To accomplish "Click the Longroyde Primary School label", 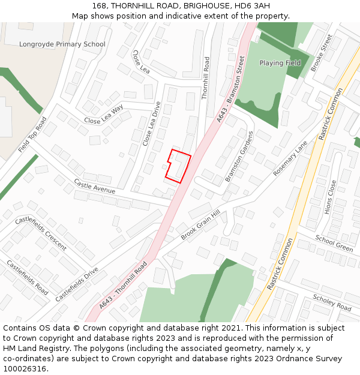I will [62, 44].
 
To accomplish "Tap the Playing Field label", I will [280, 63].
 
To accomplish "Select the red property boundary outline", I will [178, 165].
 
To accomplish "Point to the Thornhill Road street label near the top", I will [206, 78].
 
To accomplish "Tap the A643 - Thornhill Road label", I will [123, 286].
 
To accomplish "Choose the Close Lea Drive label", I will [152, 124].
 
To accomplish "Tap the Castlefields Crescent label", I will [40, 233].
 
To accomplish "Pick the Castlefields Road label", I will [27, 277].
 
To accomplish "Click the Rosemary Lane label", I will [290, 158].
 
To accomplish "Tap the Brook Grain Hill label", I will [200, 225].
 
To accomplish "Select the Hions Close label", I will [331, 197].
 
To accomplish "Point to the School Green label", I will [334, 243].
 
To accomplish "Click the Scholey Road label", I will [332, 302].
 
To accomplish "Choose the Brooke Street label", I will [322, 53].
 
